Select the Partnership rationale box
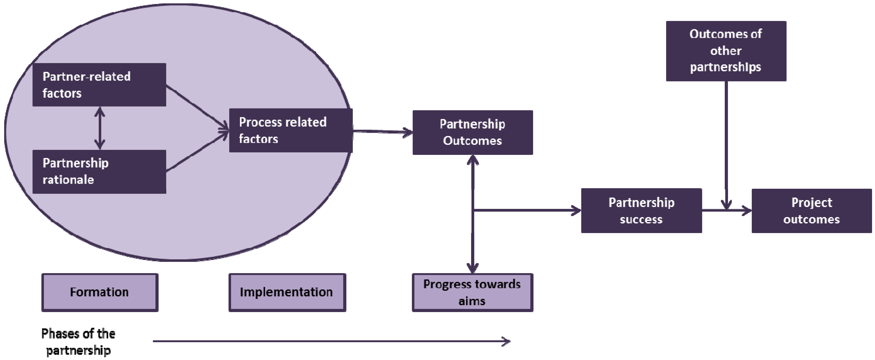pos(99,171)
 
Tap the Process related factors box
pos(291,131)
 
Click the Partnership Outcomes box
pos(473,132)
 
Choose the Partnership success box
pos(641,211)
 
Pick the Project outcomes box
pos(811,211)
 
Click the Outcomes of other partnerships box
pos(726,51)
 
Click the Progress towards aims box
pos(473,292)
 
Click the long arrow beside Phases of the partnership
pos(331,341)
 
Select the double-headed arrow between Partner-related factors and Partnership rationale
pos(99,128)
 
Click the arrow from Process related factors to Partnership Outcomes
pos(383,132)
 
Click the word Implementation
pos(286,292)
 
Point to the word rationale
pos(68,180)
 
